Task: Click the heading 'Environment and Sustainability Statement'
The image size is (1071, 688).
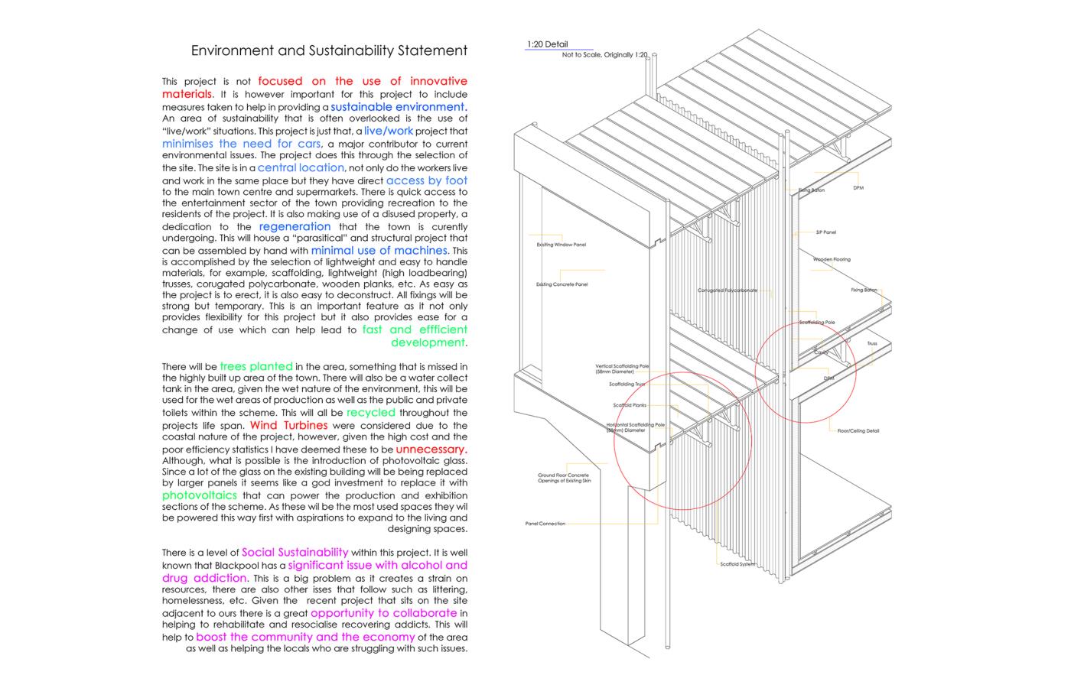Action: point(329,51)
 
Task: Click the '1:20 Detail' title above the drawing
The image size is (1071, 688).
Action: point(547,44)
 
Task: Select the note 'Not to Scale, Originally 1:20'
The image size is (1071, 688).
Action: point(604,55)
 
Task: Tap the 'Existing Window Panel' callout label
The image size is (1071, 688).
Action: point(562,245)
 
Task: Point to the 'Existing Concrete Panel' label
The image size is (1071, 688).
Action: point(562,284)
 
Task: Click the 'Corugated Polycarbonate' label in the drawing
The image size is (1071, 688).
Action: point(727,290)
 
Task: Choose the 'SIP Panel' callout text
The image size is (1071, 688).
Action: point(825,232)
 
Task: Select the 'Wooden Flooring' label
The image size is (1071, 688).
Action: point(832,260)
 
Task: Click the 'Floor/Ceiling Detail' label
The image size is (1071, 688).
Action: point(858,431)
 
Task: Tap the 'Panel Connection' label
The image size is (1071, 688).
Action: point(545,524)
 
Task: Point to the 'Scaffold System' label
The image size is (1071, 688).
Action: point(737,564)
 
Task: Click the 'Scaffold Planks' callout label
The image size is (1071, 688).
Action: point(629,405)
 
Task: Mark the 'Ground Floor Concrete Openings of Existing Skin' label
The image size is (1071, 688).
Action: point(564,478)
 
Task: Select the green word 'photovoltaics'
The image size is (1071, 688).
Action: point(199,495)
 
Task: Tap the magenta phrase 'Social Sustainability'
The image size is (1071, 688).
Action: point(295,552)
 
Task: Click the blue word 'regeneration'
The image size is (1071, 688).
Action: point(295,226)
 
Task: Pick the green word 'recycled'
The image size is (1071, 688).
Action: point(370,413)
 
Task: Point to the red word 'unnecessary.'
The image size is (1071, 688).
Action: point(431,449)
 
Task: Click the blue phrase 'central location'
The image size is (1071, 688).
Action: point(301,167)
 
